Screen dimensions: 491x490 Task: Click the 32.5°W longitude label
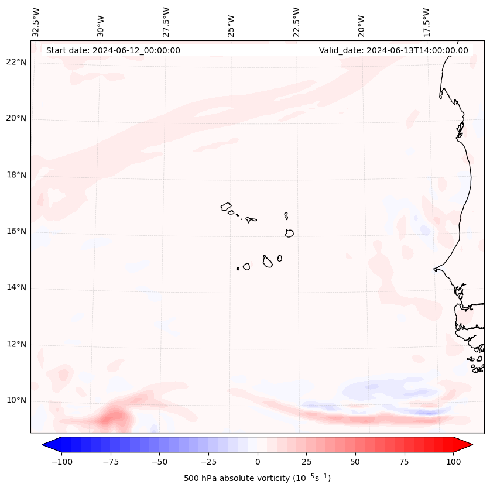(36, 22)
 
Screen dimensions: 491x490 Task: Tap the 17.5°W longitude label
(427, 22)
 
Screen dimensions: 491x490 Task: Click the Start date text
(113, 50)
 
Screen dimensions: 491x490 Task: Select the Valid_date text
(393, 50)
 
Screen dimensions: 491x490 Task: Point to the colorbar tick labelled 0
(258, 462)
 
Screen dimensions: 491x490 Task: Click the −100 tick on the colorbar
(61, 462)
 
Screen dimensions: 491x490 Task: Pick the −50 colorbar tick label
(160, 462)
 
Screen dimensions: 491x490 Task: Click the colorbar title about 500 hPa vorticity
(258, 478)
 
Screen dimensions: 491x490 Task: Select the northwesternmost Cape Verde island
(226, 206)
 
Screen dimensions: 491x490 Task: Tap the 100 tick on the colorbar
(453, 462)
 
